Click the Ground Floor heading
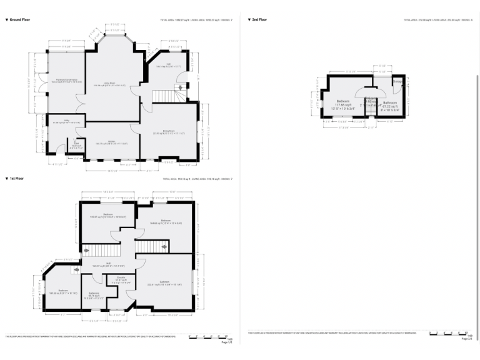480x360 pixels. point(22,20)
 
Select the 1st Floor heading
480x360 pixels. point(19,179)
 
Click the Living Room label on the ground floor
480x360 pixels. point(109,84)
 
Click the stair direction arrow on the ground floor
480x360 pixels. point(179,88)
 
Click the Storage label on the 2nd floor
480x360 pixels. point(397,81)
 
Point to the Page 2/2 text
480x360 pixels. point(466,339)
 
